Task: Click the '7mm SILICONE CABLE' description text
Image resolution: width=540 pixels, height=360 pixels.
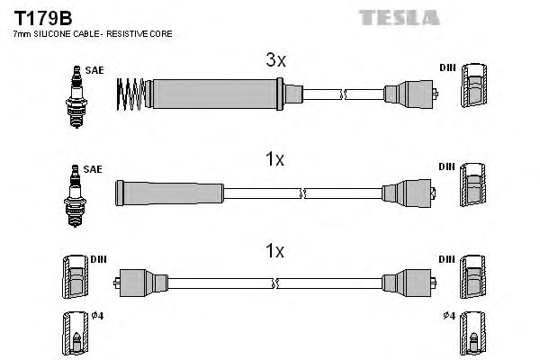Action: pyautogui.click(x=90, y=34)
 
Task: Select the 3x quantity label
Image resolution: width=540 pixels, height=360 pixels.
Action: pyautogui.click(x=275, y=61)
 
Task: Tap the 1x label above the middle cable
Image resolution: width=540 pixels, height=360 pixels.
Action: pyautogui.click(x=275, y=159)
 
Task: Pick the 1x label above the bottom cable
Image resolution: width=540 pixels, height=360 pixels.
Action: pyautogui.click(x=275, y=252)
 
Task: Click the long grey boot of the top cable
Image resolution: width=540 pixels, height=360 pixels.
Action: pyautogui.click(x=216, y=92)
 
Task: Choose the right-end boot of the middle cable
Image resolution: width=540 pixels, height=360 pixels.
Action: pyautogui.click(x=409, y=192)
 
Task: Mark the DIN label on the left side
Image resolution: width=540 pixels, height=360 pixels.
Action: pyautogui.click(x=99, y=259)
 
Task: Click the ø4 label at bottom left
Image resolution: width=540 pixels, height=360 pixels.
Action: pyautogui.click(x=98, y=314)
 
